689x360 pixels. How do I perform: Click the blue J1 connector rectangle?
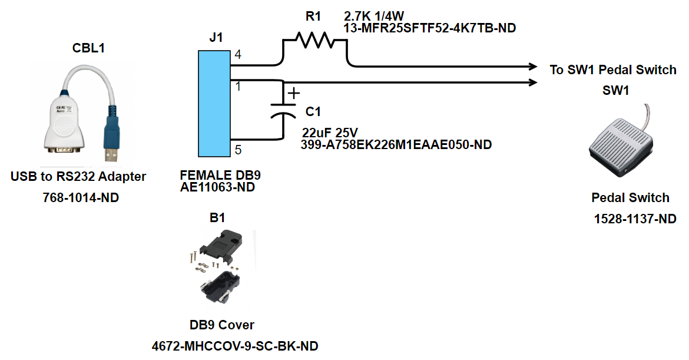point(214,104)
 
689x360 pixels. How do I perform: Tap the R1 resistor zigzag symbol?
point(314,40)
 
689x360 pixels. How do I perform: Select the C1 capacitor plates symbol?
point(283,110)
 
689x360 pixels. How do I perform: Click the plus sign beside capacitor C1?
point(293,93)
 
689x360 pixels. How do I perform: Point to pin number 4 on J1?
point(238,55)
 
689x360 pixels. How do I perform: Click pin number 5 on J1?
point(238,150)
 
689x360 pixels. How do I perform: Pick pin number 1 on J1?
point(238,87)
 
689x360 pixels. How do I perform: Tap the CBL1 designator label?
point(88,48)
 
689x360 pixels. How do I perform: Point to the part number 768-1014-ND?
point(81,198)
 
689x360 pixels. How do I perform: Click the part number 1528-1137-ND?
point(635,219)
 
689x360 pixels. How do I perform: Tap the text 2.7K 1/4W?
point(374,16)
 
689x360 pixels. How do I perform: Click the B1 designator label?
point(217,217)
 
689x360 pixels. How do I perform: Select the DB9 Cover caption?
point(222,325)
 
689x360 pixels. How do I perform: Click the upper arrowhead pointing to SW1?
point(532,67)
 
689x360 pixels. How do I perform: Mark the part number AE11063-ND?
point(217,187)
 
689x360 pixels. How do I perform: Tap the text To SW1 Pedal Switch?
point(613,70)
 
